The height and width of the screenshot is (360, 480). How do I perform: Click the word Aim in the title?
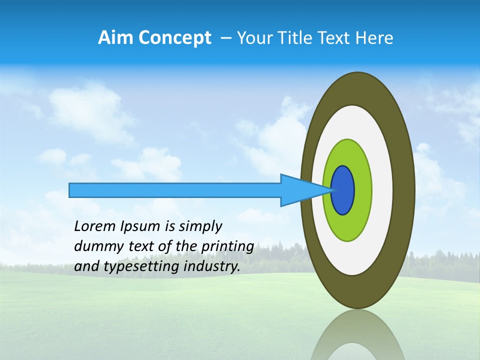[x=116, y=38]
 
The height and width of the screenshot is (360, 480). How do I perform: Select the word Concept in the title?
[x=174, y=38]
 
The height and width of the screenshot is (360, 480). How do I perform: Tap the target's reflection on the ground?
[x=358, y=337]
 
